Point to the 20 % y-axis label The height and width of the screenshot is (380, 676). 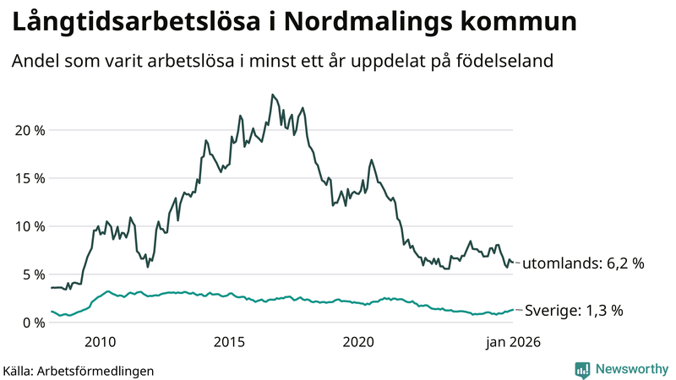click(29, 130)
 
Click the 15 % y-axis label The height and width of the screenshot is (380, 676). click(29, 178)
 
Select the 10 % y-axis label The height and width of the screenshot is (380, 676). click(29, 226)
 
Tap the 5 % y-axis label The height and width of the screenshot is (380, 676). click(32, 274)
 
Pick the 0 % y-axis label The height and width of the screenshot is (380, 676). click(32, 323)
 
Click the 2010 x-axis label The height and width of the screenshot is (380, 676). click(101, 342)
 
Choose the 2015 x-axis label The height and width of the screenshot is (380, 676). click(230, 342)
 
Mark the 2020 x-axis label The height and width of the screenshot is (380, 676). click(359, 342)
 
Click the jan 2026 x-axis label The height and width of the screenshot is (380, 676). click(512, 342)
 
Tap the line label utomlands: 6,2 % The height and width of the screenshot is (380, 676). click(583, 263)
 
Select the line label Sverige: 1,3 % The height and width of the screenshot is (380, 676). click(574, 311)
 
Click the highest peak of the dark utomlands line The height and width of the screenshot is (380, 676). click(272, 95)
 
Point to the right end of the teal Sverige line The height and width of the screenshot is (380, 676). click(512, 310)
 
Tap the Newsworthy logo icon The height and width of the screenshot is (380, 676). click(582, 369)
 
